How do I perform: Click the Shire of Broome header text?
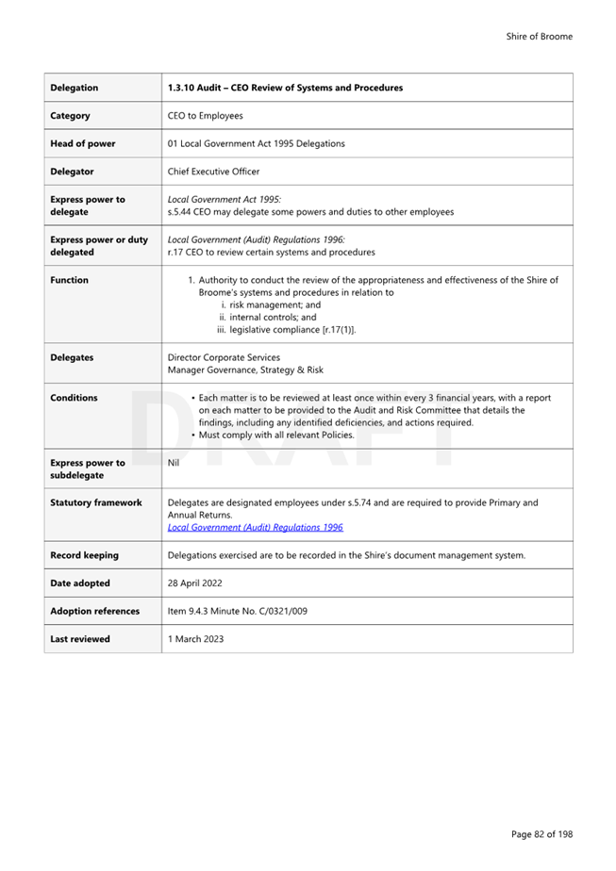539,37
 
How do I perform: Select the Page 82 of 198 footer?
541,834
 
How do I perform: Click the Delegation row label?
74,88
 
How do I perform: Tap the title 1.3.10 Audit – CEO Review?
285,88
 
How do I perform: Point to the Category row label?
70,116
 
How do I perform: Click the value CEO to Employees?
205,116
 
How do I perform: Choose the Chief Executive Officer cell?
213,172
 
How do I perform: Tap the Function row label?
69,280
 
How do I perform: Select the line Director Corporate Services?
224,357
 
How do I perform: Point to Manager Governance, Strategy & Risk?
244,370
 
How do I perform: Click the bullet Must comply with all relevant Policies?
276,435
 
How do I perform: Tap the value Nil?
173,463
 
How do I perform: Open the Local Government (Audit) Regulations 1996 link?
255,528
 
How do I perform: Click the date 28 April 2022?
194,583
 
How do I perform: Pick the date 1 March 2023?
195,639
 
